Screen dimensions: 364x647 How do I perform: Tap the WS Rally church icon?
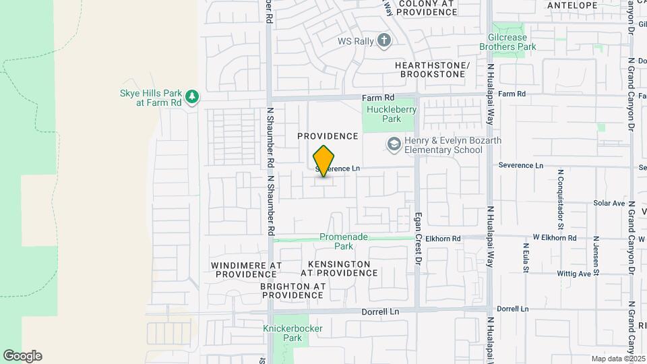(x=384, y=40)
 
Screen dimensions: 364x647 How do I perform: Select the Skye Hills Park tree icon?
(x=192, y=97)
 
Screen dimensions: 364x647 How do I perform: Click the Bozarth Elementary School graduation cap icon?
(x=393, y=144)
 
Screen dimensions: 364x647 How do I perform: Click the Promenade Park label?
(x=344, y=241)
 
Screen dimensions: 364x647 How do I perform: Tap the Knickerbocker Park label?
(x=292, y=333)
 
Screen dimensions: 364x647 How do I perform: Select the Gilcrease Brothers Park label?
(x=507, y=42)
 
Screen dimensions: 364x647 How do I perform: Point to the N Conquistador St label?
(x=560, y=192)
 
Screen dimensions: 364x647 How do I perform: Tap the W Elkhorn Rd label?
(x=555, y=238)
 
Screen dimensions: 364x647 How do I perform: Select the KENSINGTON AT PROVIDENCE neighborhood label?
(x=339, y=268)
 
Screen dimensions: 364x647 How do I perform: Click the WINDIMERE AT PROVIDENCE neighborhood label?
(x=245, y=270)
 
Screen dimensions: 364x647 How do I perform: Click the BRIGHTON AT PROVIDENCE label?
(x=293, y=291)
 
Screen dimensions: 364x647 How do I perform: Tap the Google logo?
(x=22, y=355)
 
